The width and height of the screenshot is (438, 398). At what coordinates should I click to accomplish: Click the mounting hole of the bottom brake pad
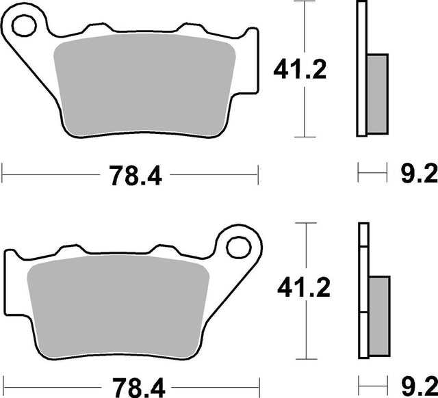pos(239,248)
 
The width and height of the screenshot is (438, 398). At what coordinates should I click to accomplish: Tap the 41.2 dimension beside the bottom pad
pos(304,287)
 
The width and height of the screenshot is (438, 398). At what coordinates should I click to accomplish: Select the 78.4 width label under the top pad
pos(136,176)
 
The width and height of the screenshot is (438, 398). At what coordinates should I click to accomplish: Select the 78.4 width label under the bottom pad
pos(139,388)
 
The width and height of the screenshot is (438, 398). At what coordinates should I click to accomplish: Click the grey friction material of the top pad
pos(144,84)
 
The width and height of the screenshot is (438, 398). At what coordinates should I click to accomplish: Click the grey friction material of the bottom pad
pos(118,306)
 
